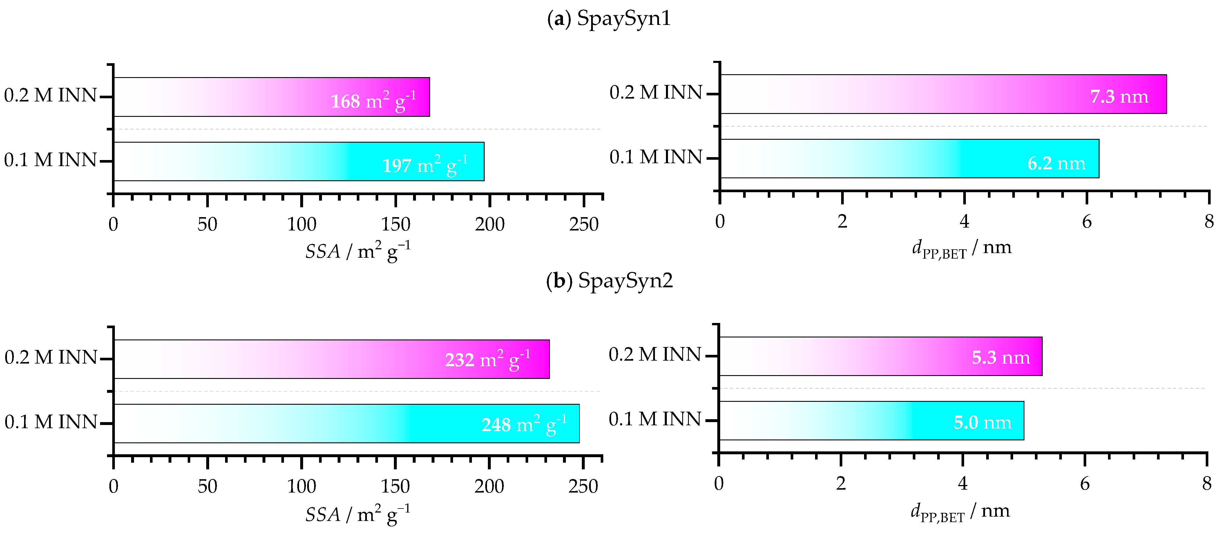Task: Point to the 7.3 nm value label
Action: pyautogui.click(x=1119, y=97)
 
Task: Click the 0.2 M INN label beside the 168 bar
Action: pyautogui.click(x=50, y=95)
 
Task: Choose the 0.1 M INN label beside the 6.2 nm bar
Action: pyautogui.click(x=656, y=157)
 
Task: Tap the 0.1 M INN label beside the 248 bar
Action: pyautogui.click(x=51, y=422)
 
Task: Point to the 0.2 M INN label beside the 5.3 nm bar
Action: pyautogui.click(x=655, y=355)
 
